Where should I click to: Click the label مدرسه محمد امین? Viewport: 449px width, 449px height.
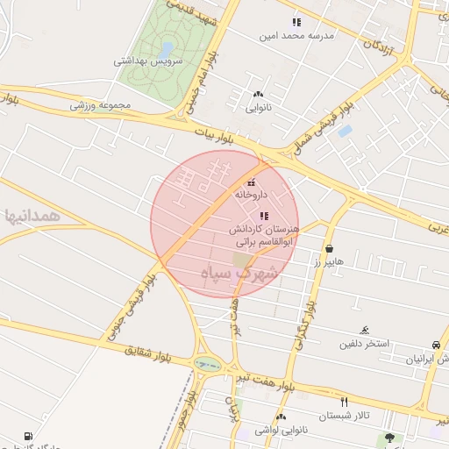(294, 36)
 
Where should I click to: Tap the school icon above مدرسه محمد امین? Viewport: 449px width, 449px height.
(296, 22)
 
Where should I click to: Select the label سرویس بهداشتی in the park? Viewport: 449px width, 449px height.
(148, 62)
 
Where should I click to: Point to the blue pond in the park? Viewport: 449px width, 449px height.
(166, 48)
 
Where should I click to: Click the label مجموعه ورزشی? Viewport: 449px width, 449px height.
(101, 105)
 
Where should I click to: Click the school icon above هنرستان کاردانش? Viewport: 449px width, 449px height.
(264, 216)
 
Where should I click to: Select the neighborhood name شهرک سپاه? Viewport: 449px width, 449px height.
(239, 274)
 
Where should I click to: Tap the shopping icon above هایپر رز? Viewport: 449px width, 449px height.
(328, 248)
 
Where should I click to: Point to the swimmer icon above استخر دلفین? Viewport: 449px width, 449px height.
(364, 331)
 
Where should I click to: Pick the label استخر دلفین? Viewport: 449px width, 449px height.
(365, 344)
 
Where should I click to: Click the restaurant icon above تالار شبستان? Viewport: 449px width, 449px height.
(344, 401)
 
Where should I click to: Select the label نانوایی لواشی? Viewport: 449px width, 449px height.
(281, 429)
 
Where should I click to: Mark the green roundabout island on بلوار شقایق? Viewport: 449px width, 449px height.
(208, 362)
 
